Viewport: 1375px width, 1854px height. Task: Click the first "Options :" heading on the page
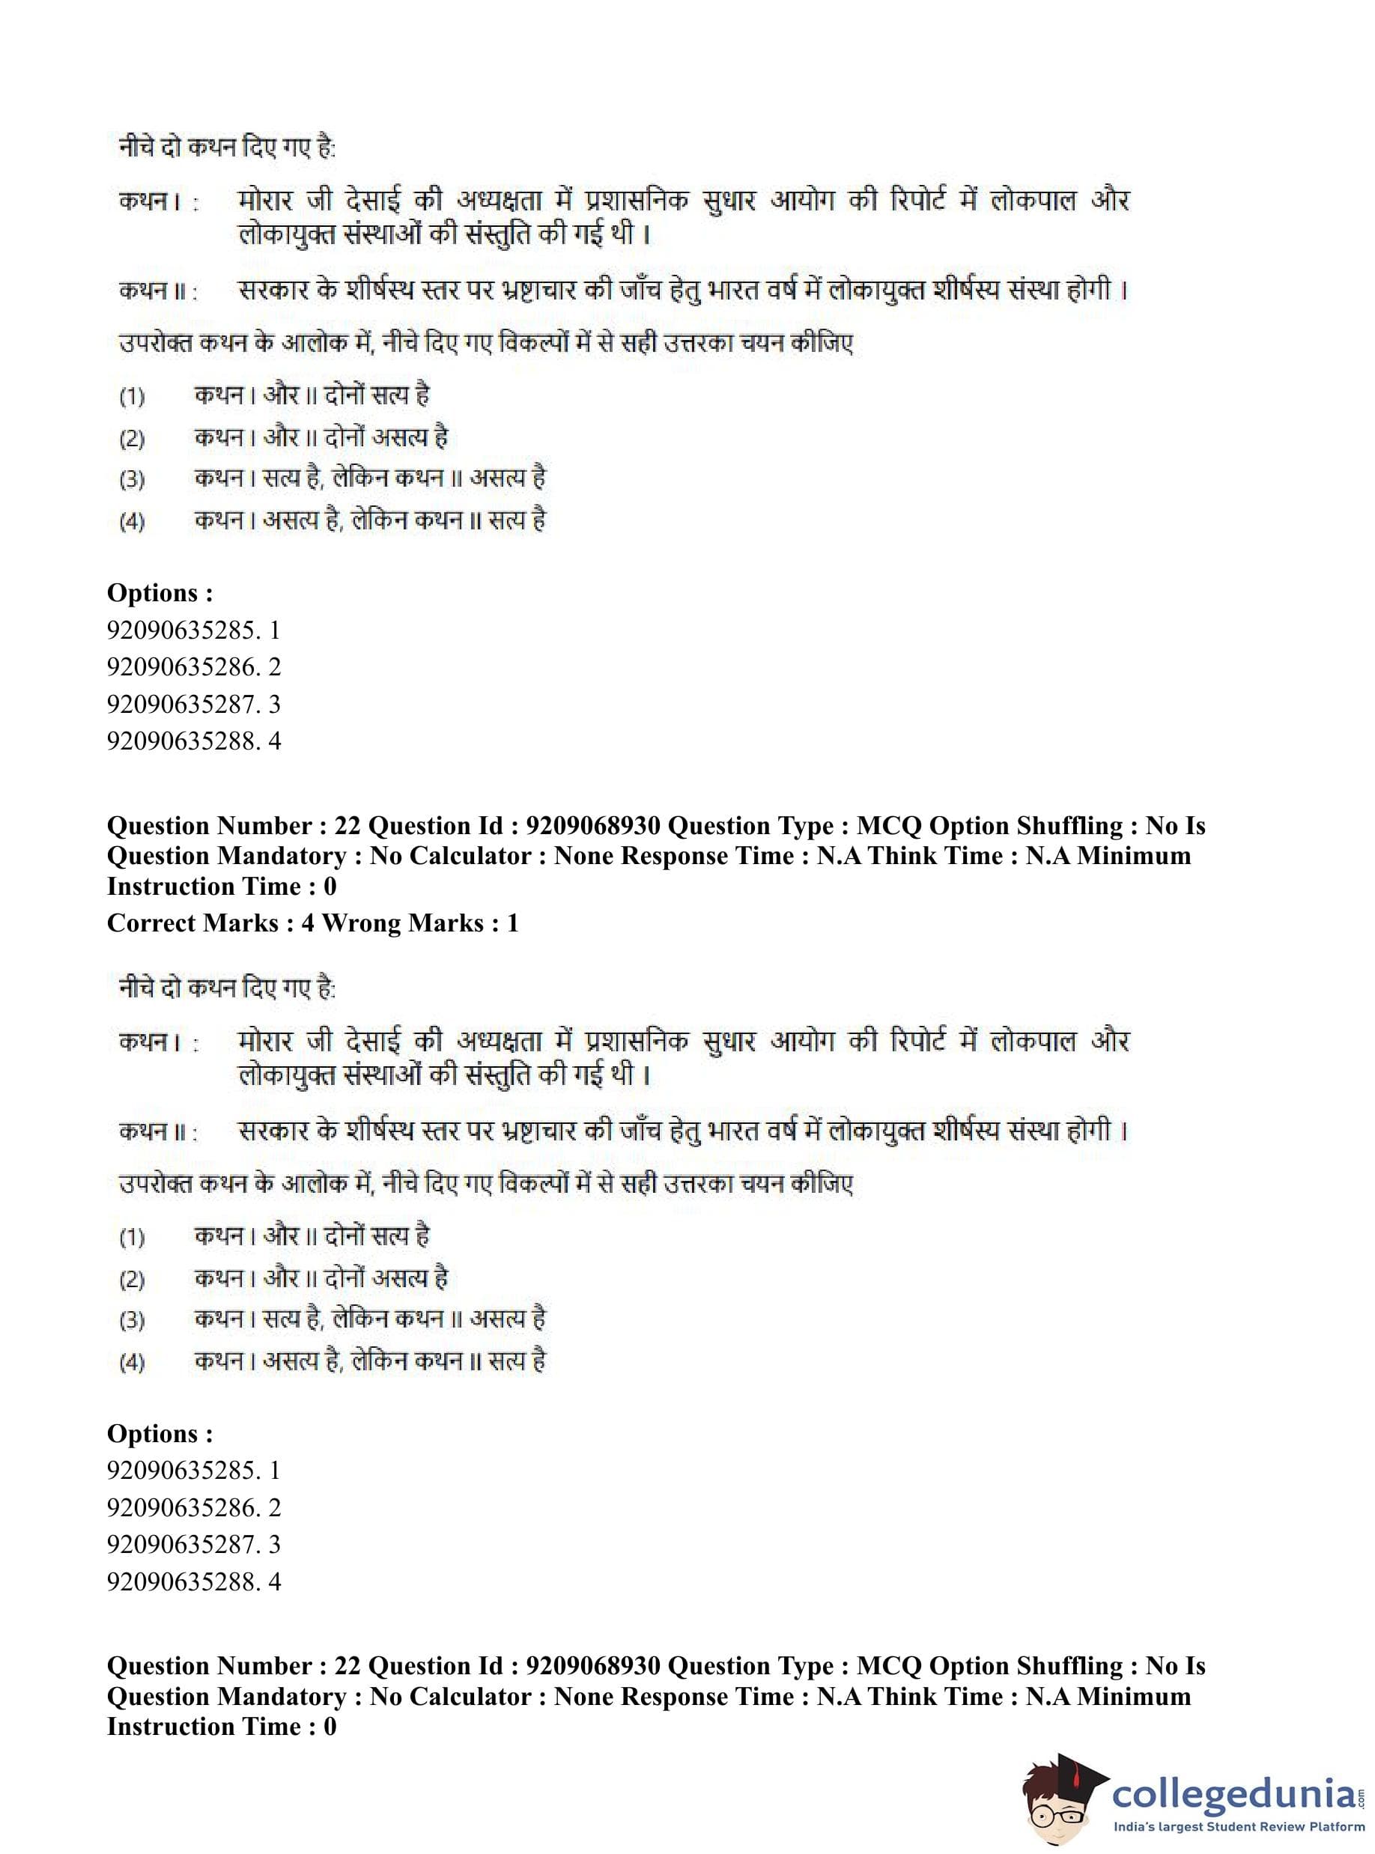pos(160,593)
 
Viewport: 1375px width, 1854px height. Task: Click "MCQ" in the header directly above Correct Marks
pos(889,827)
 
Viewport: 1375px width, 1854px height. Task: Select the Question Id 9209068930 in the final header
pos(593,1666)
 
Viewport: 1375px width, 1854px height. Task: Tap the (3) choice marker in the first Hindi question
pos(132,480)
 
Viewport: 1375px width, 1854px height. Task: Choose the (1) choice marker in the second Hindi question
pos(132,1238)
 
